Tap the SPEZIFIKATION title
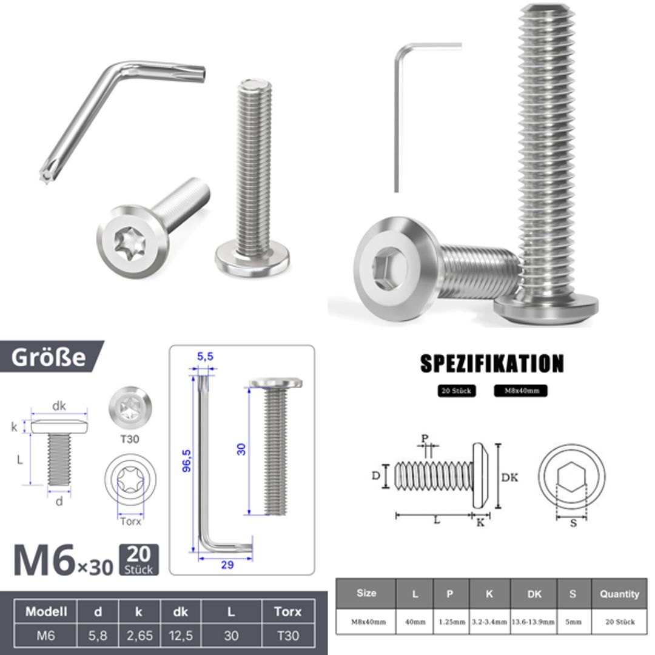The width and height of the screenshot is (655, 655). (x=492, y=363)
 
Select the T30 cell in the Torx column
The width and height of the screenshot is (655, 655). (x=287, y=636)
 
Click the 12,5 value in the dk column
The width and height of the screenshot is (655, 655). (x=180, y=636)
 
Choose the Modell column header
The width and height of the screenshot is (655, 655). (x=46, y=611)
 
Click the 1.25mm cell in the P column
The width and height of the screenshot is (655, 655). (x=449, y=622)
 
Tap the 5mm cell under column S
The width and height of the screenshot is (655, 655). (x=572, y=622)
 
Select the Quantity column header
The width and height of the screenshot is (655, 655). (x=619, y=594)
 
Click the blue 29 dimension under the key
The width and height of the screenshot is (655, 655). (x=227, y=565)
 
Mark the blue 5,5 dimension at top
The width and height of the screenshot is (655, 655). (x=205, y=357)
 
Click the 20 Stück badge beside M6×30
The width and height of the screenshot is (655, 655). (x=139, y=560)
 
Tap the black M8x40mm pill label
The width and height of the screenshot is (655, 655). (x=520, y=391)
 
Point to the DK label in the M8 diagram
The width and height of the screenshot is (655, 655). (x=510, y=477)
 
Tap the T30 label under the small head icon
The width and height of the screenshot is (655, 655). (x=130, y=438)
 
